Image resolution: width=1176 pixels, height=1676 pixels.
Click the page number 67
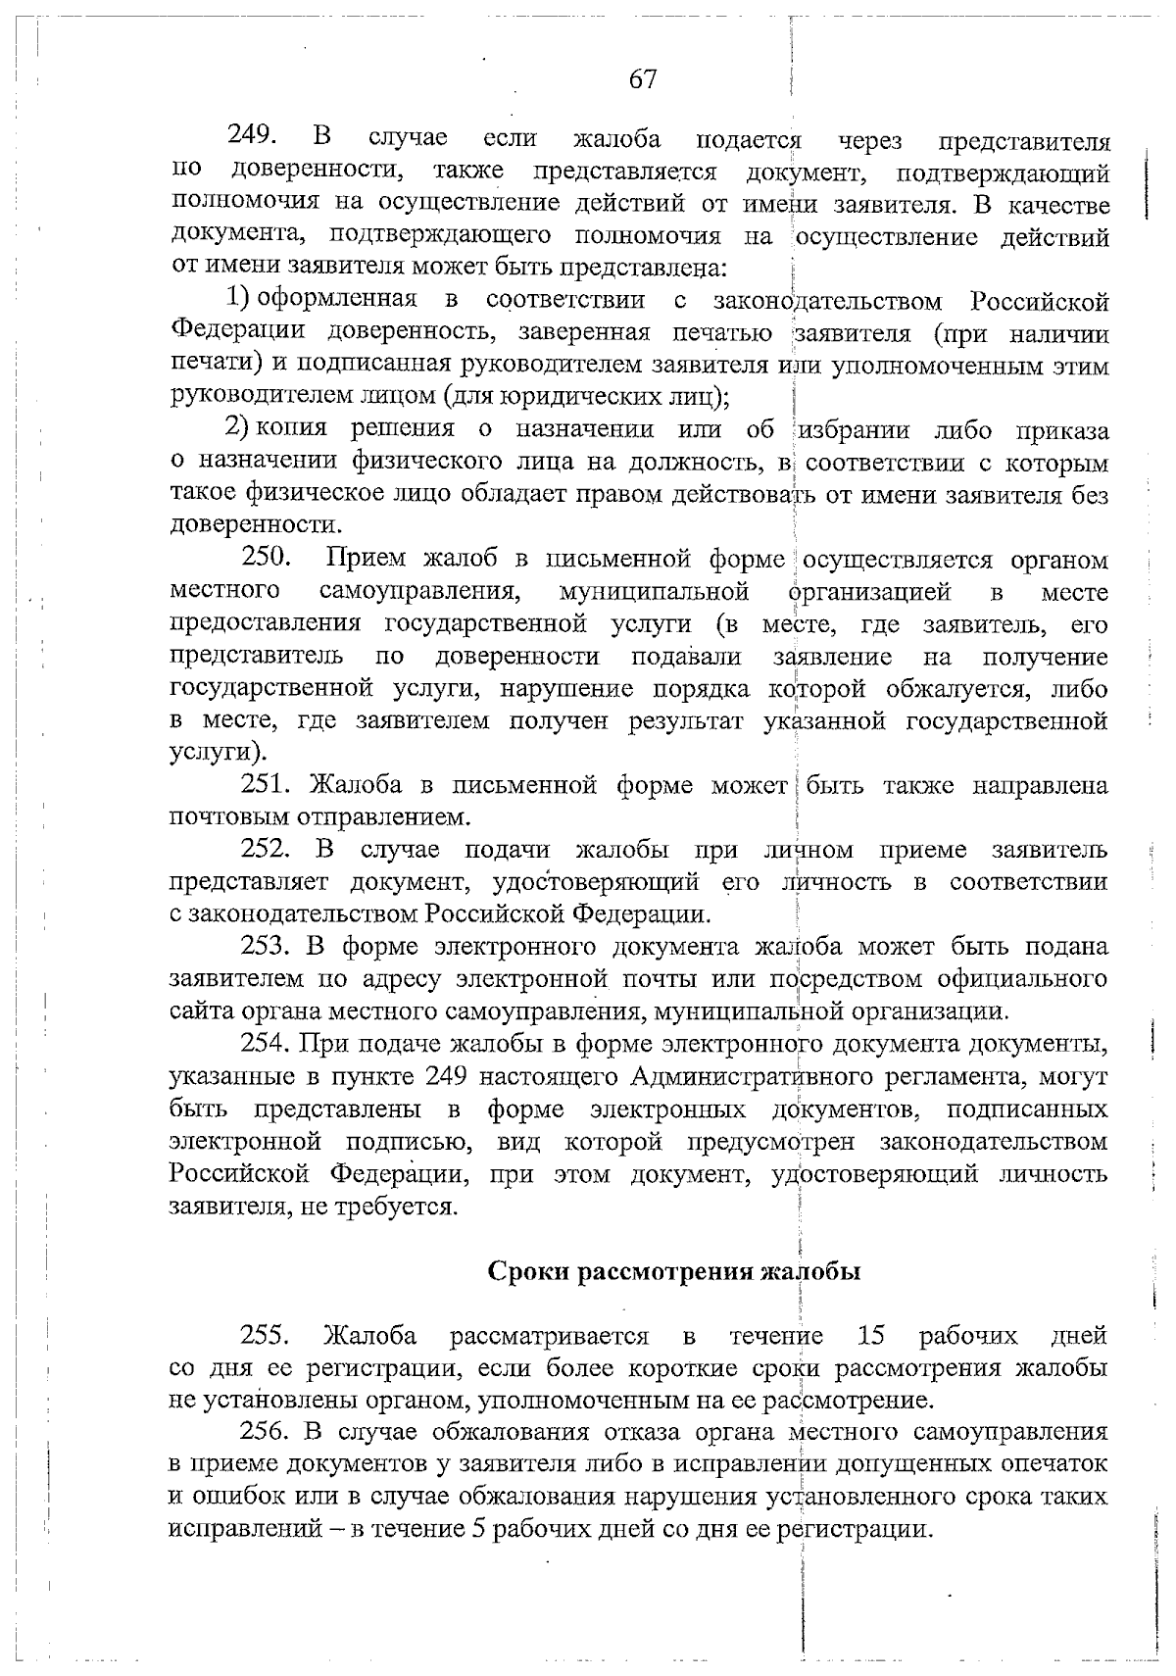[642, 79]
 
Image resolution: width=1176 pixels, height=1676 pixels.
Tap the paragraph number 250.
[266, 559]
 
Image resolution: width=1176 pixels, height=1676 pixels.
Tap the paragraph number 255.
[266, 1335]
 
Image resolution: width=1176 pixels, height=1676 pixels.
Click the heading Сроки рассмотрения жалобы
[674, 1272]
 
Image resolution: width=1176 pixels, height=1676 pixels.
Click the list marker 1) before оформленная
[240, 299]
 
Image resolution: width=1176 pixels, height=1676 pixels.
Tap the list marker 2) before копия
[240, 428]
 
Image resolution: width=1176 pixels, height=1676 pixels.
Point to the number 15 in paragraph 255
[870, 1335]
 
